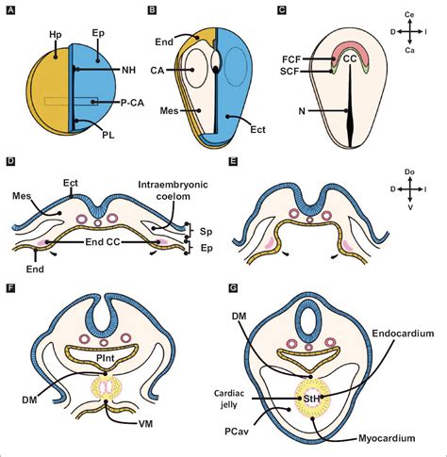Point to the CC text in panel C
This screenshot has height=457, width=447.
pyautogui.click(x=348, y=58)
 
